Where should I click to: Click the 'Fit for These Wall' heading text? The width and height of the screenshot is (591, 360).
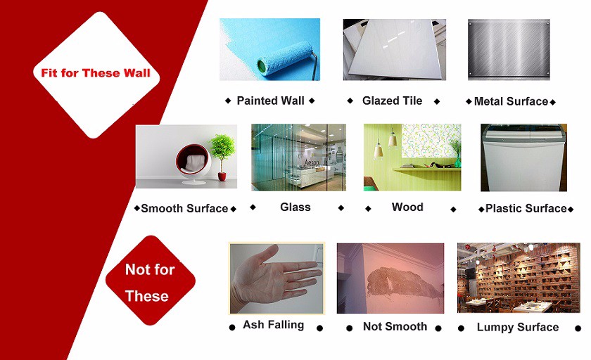pos(96,72)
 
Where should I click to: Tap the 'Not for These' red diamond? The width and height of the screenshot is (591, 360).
pos(151,281)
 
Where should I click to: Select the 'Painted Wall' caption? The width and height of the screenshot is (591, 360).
pos(270,101)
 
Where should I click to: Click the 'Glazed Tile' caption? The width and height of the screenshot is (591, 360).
pos(392,101)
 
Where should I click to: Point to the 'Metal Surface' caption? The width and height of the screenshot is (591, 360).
pos(511,101)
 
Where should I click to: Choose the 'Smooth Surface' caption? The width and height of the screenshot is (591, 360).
pos(184,209)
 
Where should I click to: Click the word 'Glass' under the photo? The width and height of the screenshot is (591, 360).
pos(295,207)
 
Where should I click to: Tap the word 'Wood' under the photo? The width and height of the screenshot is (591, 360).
pos(407,207)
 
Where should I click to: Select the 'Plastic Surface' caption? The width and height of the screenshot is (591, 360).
pos(526,209)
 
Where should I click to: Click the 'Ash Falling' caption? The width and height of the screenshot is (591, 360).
pos(273,325)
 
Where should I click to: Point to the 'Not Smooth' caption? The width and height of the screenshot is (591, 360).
pos(395,326)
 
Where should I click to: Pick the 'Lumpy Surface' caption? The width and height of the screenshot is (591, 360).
pos(518,327)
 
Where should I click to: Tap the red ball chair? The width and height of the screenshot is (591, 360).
pos(193,162)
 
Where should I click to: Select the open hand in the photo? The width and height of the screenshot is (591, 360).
pos(273,279)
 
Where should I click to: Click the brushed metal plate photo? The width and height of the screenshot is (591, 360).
pos(509,49)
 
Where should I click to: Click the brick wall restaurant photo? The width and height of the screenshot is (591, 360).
pos(519,278)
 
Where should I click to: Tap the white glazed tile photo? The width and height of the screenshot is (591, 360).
pos(395,49)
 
